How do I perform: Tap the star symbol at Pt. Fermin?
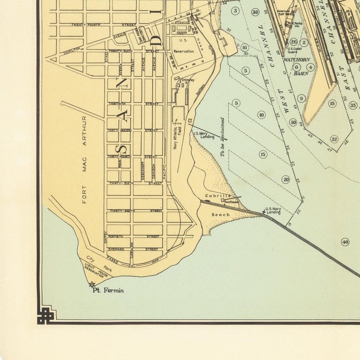92,285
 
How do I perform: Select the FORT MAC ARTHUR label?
84,159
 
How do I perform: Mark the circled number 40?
345,242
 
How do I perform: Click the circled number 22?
334,139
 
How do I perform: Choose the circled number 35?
353,105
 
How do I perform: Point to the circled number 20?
286,180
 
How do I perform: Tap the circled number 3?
235,10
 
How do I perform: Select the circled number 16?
245,47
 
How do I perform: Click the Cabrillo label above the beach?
215,196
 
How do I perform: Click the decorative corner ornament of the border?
46,315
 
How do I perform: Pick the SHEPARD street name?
117,249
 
